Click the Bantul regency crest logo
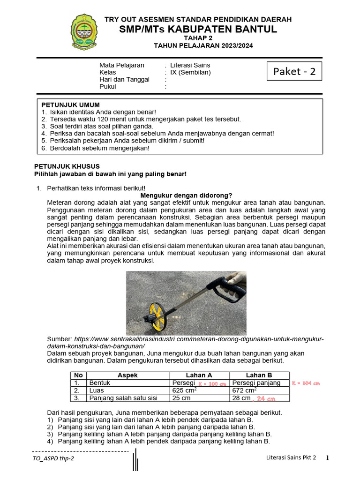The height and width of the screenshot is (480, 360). pos(85,32)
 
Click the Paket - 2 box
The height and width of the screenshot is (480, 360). pos(294,71)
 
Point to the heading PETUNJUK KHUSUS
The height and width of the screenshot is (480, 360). pos(67,166)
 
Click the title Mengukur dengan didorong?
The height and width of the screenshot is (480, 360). pos(187,195)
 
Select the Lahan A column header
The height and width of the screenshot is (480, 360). pos(199,375)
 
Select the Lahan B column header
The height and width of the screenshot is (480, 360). pos(259,375)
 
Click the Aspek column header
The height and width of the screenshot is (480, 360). pos(127,375)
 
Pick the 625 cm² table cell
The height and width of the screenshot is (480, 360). pos(184,390)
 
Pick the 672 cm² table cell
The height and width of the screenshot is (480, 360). pos(244,390)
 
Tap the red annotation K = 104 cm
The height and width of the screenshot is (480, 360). pos(306,383)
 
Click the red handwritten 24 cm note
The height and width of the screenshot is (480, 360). pos(265,399)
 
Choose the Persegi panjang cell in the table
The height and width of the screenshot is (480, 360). pos(256,383)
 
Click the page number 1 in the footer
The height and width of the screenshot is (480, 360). pos(328,457)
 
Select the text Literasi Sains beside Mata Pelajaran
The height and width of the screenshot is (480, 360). pos(190,65)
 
